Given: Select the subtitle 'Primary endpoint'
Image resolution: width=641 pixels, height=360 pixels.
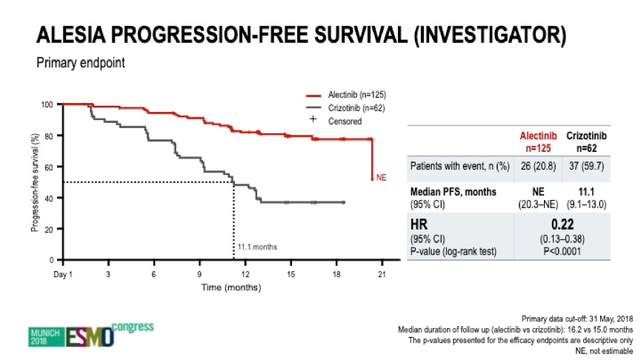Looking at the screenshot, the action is point(81,63).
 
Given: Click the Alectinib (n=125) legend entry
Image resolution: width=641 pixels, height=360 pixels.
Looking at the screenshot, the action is point(346,95).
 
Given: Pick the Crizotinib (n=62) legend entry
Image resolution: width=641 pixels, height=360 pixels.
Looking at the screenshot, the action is point(345,108).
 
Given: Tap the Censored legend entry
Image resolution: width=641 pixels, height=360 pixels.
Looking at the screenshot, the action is point(336,121).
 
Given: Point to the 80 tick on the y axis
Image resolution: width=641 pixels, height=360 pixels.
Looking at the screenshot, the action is point(49,136).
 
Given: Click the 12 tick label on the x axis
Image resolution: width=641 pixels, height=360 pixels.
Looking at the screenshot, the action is point(245,274).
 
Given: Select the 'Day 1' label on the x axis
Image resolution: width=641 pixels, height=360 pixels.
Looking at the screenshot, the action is point(63,274).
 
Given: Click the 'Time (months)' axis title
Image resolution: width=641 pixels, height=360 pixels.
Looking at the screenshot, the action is point(231,287).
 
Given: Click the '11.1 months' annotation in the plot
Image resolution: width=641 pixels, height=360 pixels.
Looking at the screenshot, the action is point(257,247).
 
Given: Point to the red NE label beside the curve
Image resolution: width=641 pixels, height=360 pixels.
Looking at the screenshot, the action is point(381,177).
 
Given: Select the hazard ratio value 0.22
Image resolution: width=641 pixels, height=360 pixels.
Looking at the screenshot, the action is point(562,224).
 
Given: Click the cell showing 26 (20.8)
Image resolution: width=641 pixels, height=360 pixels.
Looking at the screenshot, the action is point(539,167).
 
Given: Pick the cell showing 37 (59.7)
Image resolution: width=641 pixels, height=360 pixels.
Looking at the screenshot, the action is point(586,167).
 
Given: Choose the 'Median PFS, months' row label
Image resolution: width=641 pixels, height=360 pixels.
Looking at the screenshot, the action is point(453,192).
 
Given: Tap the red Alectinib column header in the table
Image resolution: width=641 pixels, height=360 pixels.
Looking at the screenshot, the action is point(538,141).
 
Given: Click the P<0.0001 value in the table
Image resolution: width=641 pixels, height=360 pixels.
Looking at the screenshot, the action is point(562,251).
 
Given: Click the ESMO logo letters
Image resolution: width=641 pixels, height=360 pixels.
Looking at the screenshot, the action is point(90,337).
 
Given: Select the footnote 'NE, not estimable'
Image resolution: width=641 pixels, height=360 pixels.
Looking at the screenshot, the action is point(604,351).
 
